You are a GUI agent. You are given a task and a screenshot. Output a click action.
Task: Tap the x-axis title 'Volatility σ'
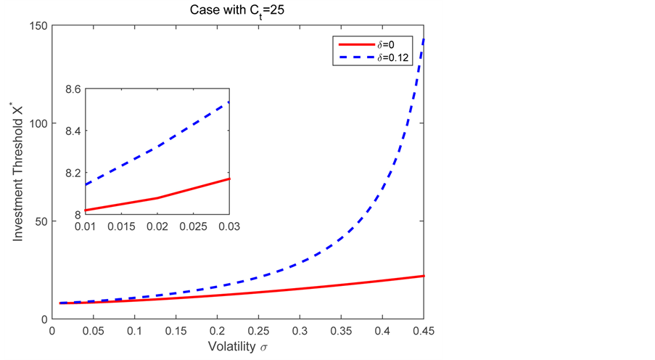click(237, 348)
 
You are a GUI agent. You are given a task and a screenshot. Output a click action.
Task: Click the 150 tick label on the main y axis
click(38, 26)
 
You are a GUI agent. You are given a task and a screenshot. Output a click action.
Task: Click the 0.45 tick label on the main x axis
click(424, 332)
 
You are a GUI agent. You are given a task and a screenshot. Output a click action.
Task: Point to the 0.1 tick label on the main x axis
click(134, 332)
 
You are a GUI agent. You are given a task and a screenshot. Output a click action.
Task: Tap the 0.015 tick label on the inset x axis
click(121, 227)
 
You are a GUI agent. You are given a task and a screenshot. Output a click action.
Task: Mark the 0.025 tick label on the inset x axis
click(193, 227)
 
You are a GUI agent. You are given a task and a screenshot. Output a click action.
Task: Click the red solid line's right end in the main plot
click(424, 276)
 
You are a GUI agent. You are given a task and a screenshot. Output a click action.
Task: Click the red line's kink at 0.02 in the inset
click(157, 198)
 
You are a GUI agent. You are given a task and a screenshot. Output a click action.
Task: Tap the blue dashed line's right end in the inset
click(228, 102)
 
